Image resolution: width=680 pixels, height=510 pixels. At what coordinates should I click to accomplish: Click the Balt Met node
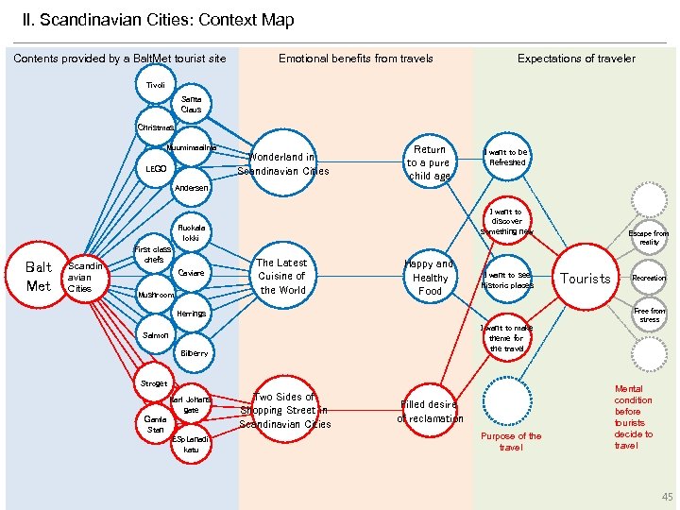coord(39,275)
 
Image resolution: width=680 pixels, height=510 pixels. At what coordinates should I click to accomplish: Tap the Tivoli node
coord(155,85)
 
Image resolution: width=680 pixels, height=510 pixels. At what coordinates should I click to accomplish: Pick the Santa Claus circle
coord(192,104)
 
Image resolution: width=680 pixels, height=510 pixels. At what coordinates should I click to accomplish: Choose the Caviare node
coord(192,273)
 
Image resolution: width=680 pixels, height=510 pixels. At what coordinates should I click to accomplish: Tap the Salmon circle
coord(156,334)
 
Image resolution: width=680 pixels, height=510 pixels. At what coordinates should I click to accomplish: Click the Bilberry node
coord(193,353)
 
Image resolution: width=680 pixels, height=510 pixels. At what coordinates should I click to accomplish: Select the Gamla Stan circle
coord(155,422)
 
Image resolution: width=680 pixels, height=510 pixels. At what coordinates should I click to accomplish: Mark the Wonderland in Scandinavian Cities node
coord(282,163)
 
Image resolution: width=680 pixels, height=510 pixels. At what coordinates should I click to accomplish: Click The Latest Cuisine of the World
coord(281,276)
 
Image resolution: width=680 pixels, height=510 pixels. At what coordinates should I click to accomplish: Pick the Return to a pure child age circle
coord(429,162)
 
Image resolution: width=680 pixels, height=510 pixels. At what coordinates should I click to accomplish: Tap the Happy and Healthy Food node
coord(429,278)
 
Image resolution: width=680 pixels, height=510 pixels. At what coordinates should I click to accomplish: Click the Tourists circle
coord(586,278)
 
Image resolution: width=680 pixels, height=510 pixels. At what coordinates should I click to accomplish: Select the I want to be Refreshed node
coord(506,157)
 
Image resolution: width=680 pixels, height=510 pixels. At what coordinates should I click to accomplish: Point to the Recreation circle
coord(649,278)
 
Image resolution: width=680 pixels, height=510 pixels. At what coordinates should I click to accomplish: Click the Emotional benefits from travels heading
coord(355,59)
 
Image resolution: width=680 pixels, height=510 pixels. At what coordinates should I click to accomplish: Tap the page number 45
coord(668,497)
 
